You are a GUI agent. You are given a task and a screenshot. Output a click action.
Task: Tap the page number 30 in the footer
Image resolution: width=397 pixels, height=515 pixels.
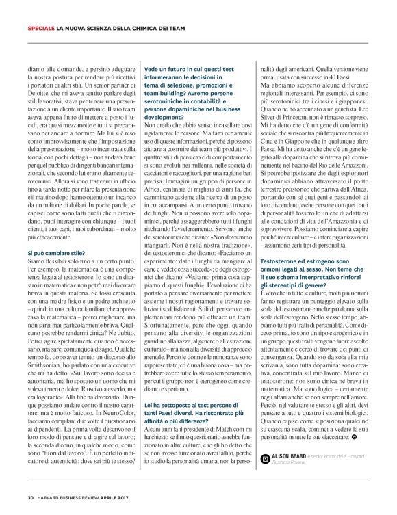tap(30, 497)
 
